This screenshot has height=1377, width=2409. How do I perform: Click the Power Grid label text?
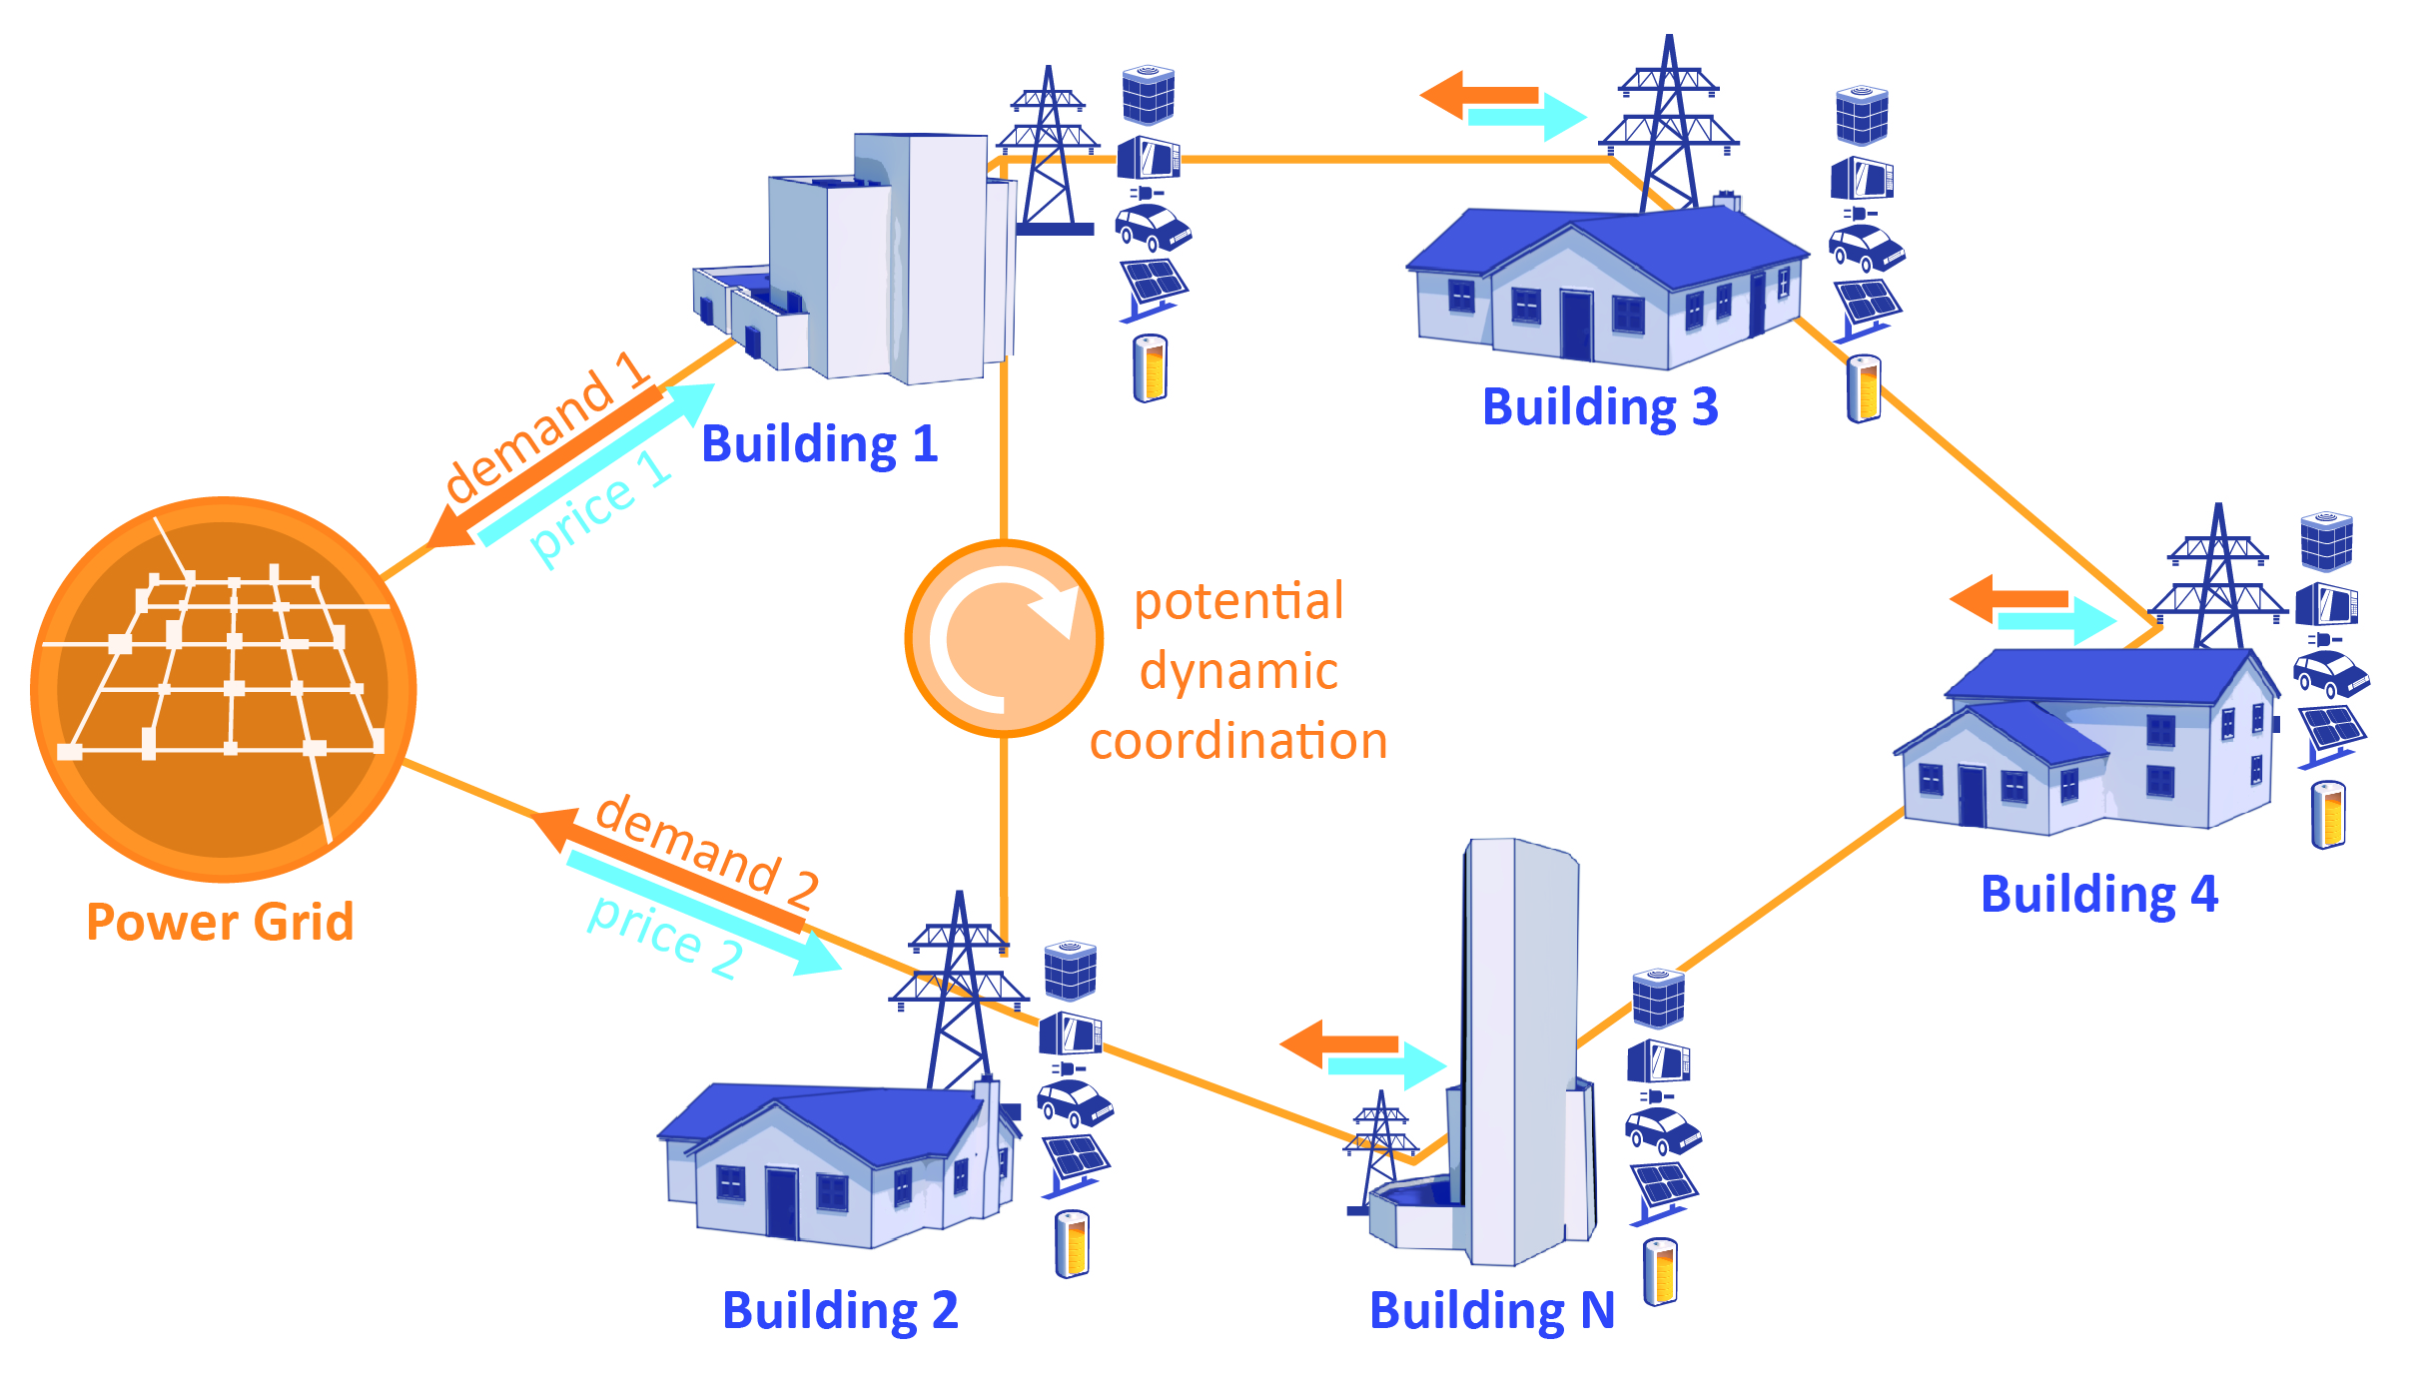(x=220, y=921)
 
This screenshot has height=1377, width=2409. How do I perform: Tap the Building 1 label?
(x=819, y=444)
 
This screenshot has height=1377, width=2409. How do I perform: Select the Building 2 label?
(x=840, y=1311)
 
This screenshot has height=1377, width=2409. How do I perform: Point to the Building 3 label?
(x=1600, y=407)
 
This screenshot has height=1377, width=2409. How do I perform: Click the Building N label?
(x=1492, y=1311)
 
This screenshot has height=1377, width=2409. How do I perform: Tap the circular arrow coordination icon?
(x=1004, y=639)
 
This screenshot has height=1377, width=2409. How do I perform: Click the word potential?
(x=1238, y=602)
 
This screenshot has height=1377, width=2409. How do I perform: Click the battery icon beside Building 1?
(x=1151, y=368)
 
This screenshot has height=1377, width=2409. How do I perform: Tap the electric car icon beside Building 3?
(x=1866, y=248)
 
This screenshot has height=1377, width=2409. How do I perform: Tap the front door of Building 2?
(x=781, y=1202)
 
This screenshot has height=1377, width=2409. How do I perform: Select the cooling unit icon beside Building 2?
(x=1071, y=970)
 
